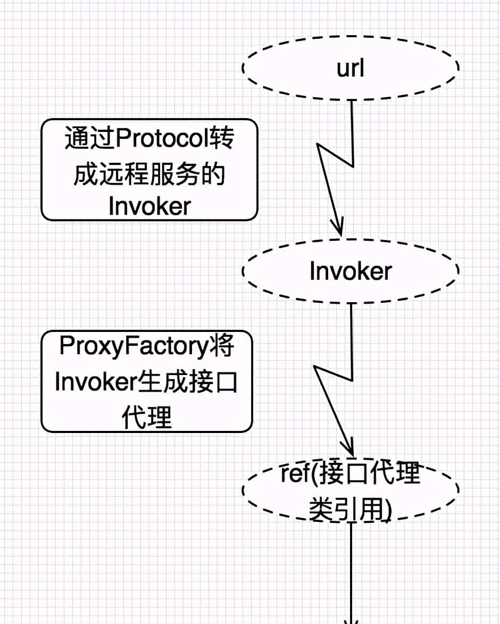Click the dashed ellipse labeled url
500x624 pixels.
(x=351, y=68)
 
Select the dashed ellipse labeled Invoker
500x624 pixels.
(x=351, y=271)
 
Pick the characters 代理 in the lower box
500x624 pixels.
(x=147, y=418)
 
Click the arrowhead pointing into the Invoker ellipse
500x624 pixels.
(x=339, y=228)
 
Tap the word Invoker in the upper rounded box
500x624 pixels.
(x=149, y=206)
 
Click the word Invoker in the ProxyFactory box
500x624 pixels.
(x=96, y=382)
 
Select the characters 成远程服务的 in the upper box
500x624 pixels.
(x=149, y=174)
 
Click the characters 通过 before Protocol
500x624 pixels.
(x=89, y=140)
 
